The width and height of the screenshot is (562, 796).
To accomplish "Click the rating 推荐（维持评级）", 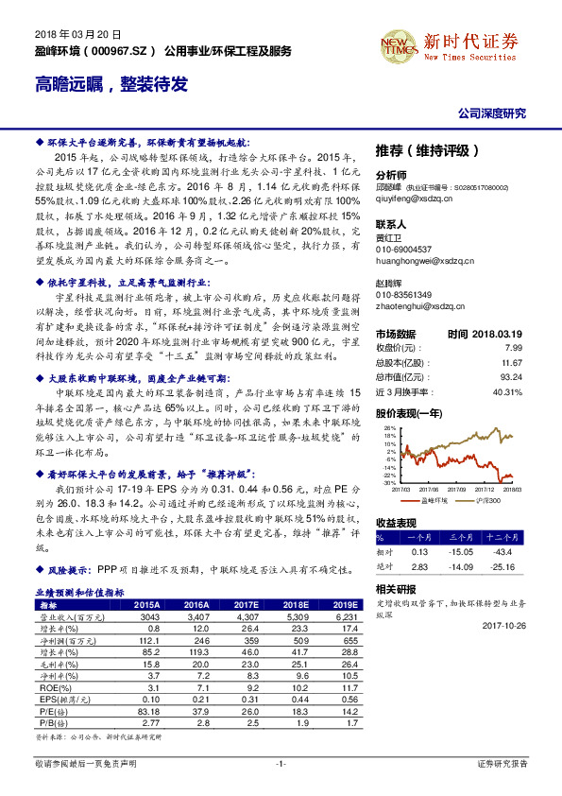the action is pyautogui.click(x=428, y=150).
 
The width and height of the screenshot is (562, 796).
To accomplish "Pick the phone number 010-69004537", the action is pyautogui.click(x=407, y=237).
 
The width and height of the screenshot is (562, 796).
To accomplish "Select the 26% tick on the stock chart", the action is pyautogui.click(x=388, y=428).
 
